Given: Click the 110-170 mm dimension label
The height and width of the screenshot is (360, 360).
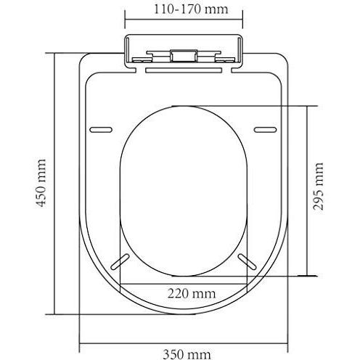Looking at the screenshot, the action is (x=191, y=9).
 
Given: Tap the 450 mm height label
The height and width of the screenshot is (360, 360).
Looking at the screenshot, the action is (x=41, y=183).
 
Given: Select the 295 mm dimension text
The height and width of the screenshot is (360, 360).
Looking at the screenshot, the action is (x=318, y=187).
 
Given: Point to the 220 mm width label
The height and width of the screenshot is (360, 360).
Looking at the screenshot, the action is (x=192, y=294).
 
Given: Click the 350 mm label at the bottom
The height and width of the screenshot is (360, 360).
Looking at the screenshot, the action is (x=187, y=354).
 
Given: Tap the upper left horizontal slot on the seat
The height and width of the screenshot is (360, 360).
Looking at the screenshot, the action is (x=101, y=130).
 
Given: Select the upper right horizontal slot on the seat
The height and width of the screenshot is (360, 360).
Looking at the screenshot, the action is (x=265, y=130).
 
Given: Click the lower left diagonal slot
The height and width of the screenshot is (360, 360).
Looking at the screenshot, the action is (x=120, y=261).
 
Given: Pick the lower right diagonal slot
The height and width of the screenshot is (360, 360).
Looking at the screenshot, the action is (x=247, y=261).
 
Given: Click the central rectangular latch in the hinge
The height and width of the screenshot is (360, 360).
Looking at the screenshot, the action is (x=184, y=56).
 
